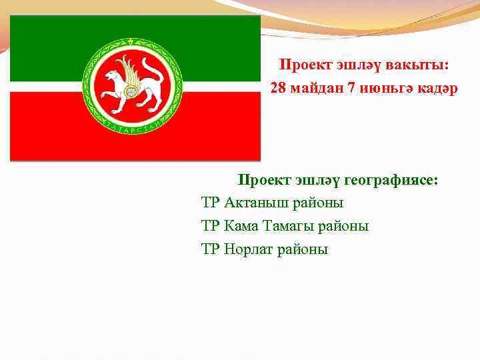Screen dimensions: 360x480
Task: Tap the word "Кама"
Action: [244, 227]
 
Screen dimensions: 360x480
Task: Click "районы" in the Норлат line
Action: [305, 250]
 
